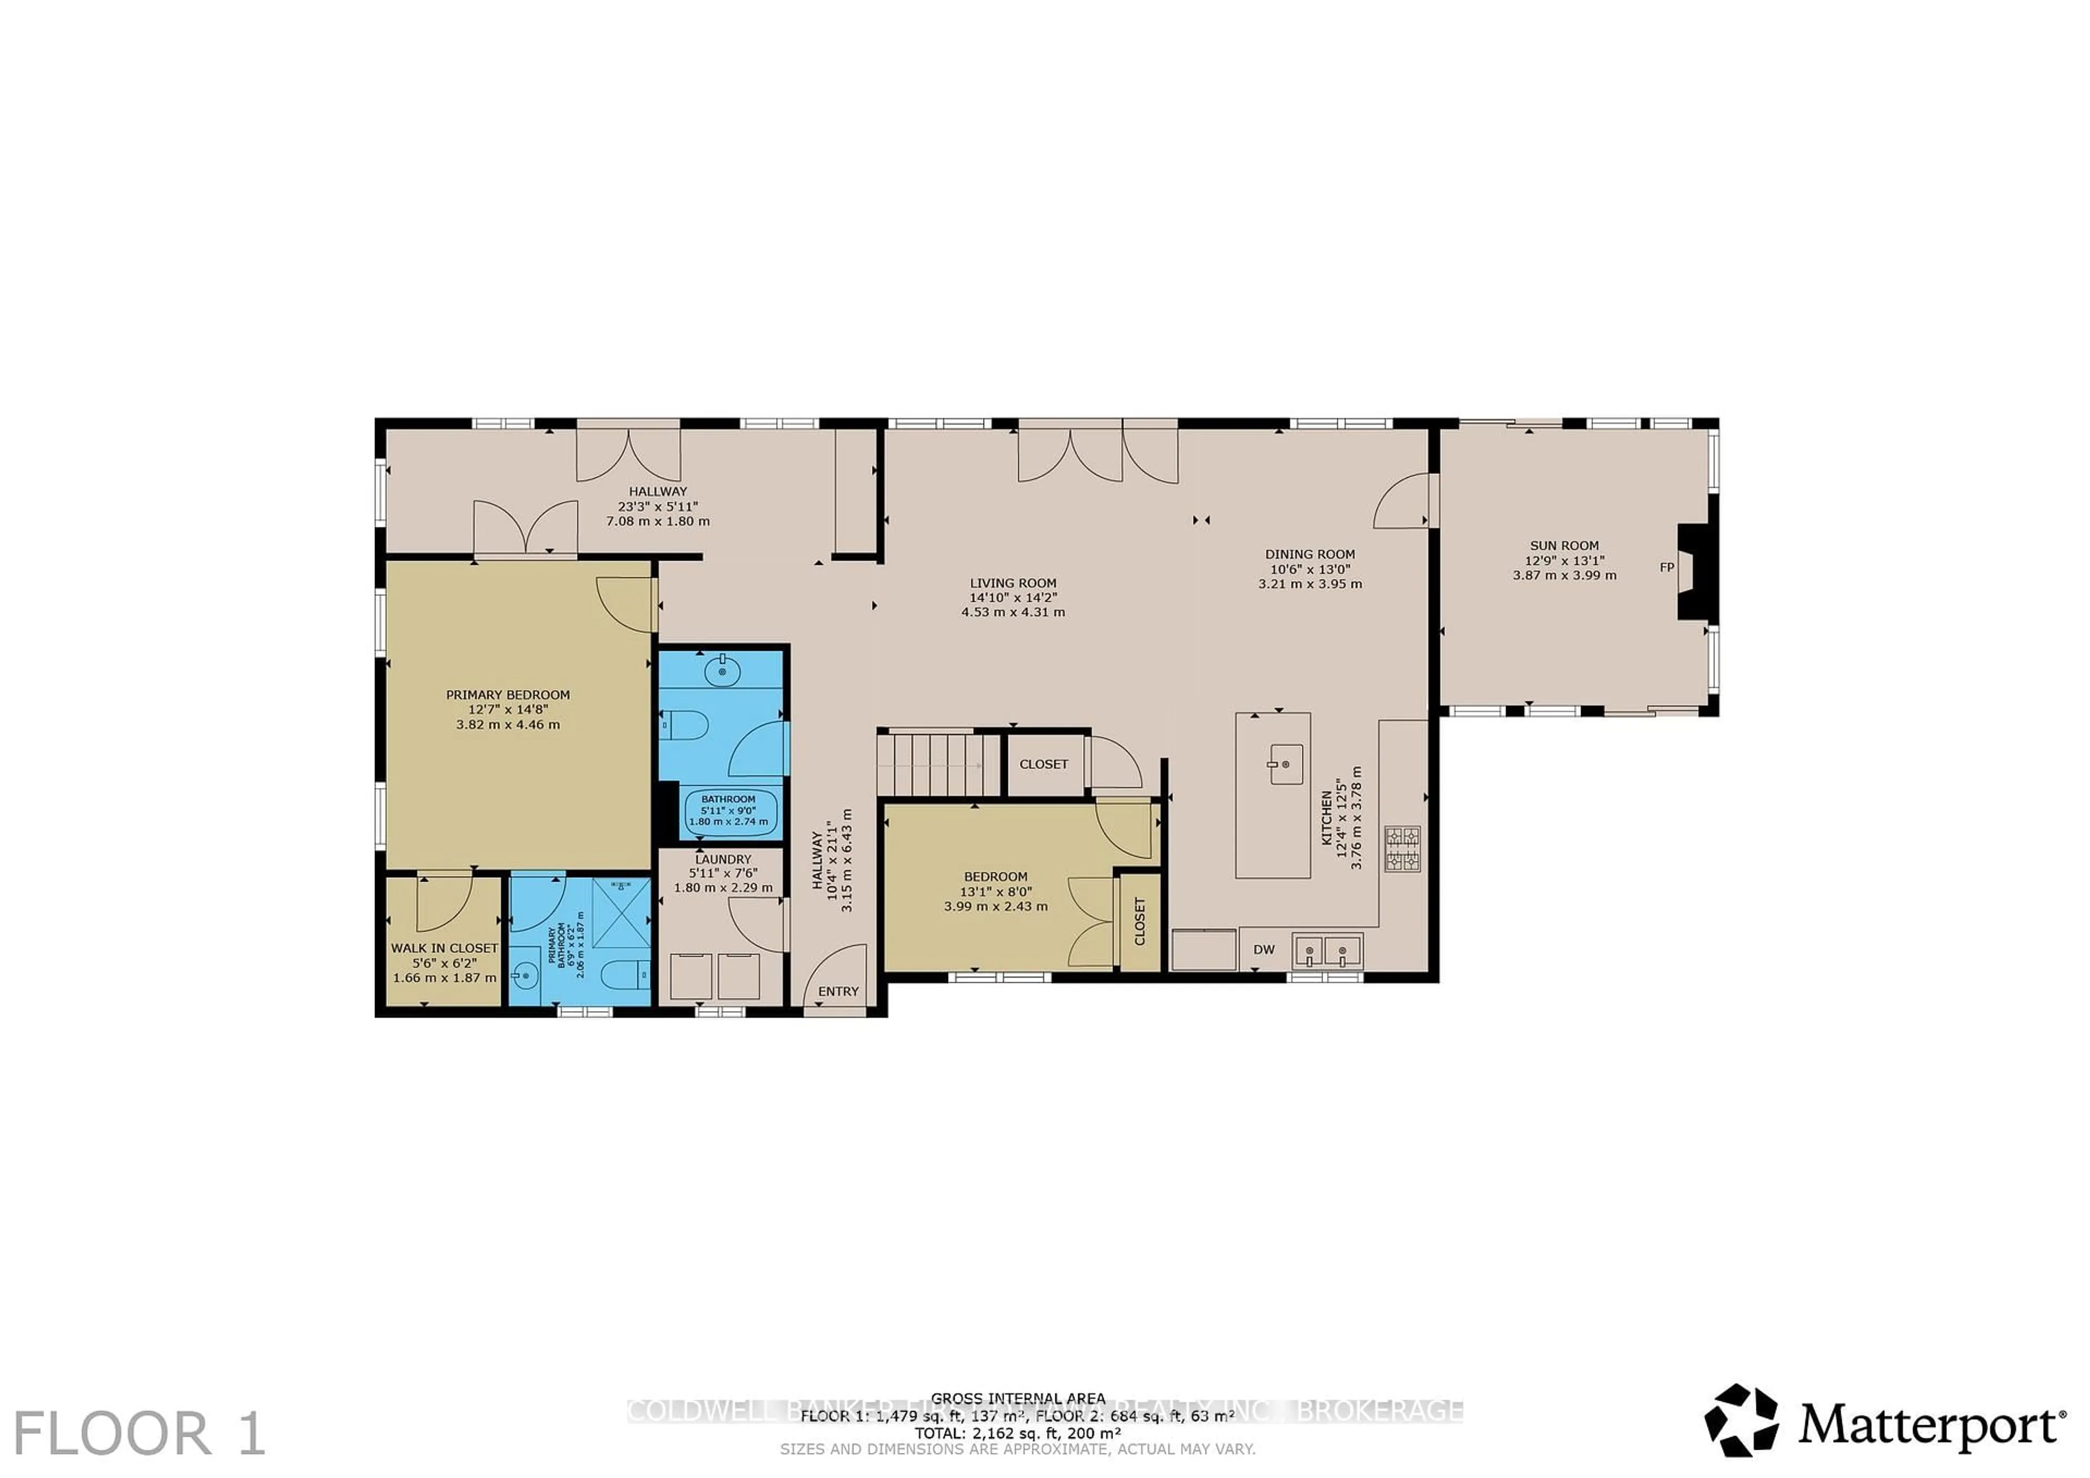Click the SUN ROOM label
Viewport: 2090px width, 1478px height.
(x=1564, y=545)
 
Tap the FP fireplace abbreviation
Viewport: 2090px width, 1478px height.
(x=1667, y=567)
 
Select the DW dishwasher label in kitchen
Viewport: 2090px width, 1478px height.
(x=1263, y=949)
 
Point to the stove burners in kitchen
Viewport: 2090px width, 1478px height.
(x=1402, y=848)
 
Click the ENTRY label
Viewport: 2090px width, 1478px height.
(x=838, y=991)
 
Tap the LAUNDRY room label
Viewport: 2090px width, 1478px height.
(x=723, y=859)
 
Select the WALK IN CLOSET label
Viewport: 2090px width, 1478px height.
(x=444, y=947)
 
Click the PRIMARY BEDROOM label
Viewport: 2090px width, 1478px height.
(x=508, y=694)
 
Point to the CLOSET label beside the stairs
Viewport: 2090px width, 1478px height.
(x=1043, y=763)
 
